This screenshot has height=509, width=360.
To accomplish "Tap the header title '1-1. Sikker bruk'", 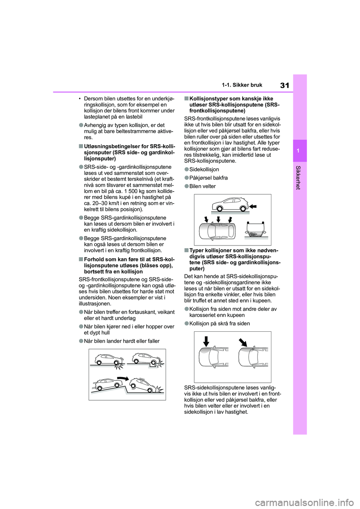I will tap(242, 85).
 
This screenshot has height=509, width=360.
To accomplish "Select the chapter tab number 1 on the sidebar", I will tap(300, 150).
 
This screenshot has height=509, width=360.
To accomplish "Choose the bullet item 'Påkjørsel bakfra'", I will tap(208, 178).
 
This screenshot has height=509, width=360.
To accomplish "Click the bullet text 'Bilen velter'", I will tap(202, 186).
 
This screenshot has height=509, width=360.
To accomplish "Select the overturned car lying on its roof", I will tap(256, 229).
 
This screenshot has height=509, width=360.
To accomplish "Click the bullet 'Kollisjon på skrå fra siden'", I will tap(219, 323).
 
